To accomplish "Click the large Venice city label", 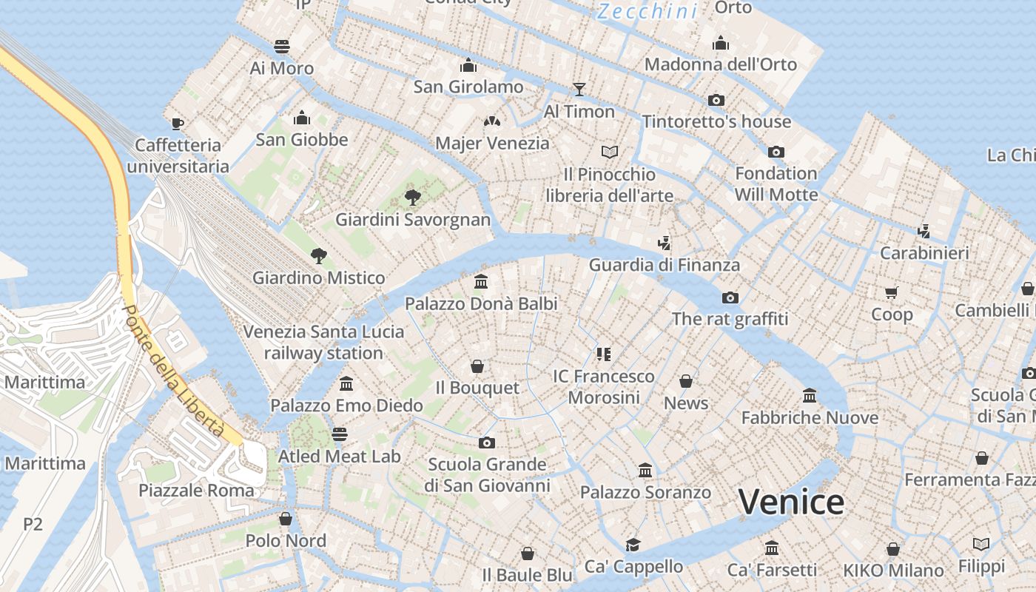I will (791, 502).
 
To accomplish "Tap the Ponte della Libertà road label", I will (173, 370).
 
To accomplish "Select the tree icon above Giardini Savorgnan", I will (413, 197).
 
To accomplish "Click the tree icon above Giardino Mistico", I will (319, 256).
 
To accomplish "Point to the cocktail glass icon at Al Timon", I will (579, 90).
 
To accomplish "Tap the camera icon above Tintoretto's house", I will (716, 100).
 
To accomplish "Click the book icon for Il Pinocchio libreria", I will (610, 152).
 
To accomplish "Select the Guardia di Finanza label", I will (664, 265).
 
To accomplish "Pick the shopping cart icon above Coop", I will (891, 292).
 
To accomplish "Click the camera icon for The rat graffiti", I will (730, 297).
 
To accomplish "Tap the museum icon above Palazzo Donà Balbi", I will (481, 282).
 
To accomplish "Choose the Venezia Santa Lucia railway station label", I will (324, 342).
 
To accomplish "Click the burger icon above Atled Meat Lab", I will (340, 434).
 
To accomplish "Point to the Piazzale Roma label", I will (196, 491).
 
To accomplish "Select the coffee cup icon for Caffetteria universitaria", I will (177, 123).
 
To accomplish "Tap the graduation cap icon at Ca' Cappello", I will (633, 545).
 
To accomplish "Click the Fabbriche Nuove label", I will (810, 417).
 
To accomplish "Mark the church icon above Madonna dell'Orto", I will (721, 43).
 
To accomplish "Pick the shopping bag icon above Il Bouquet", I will (477, 366).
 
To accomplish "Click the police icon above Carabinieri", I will (924, 231).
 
